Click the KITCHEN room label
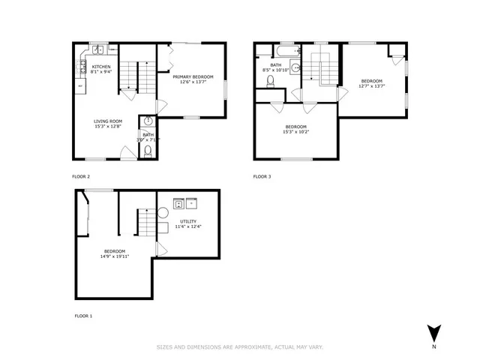coord(101,67)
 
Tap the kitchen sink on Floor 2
coord(98,50)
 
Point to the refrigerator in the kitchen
coord(79,85)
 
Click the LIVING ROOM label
coord(107,121)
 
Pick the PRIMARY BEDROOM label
coord(193,76)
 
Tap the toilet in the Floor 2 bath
coord(148,151)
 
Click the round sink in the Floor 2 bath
coord(148,121)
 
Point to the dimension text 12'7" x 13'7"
coord(371,86)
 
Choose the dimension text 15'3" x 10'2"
coord(295,132)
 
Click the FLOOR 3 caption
coord(262,176)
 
